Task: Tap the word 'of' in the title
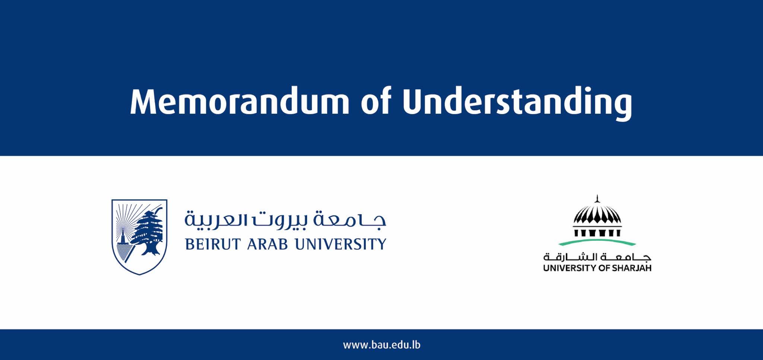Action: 376,102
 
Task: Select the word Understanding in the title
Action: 517,102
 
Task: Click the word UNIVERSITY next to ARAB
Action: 340,244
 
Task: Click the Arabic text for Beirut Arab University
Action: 285,220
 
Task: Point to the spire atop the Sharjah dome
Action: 597,199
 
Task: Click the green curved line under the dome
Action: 597,243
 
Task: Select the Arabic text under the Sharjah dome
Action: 597,257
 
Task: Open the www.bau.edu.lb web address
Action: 381,345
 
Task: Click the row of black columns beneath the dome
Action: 597,233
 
